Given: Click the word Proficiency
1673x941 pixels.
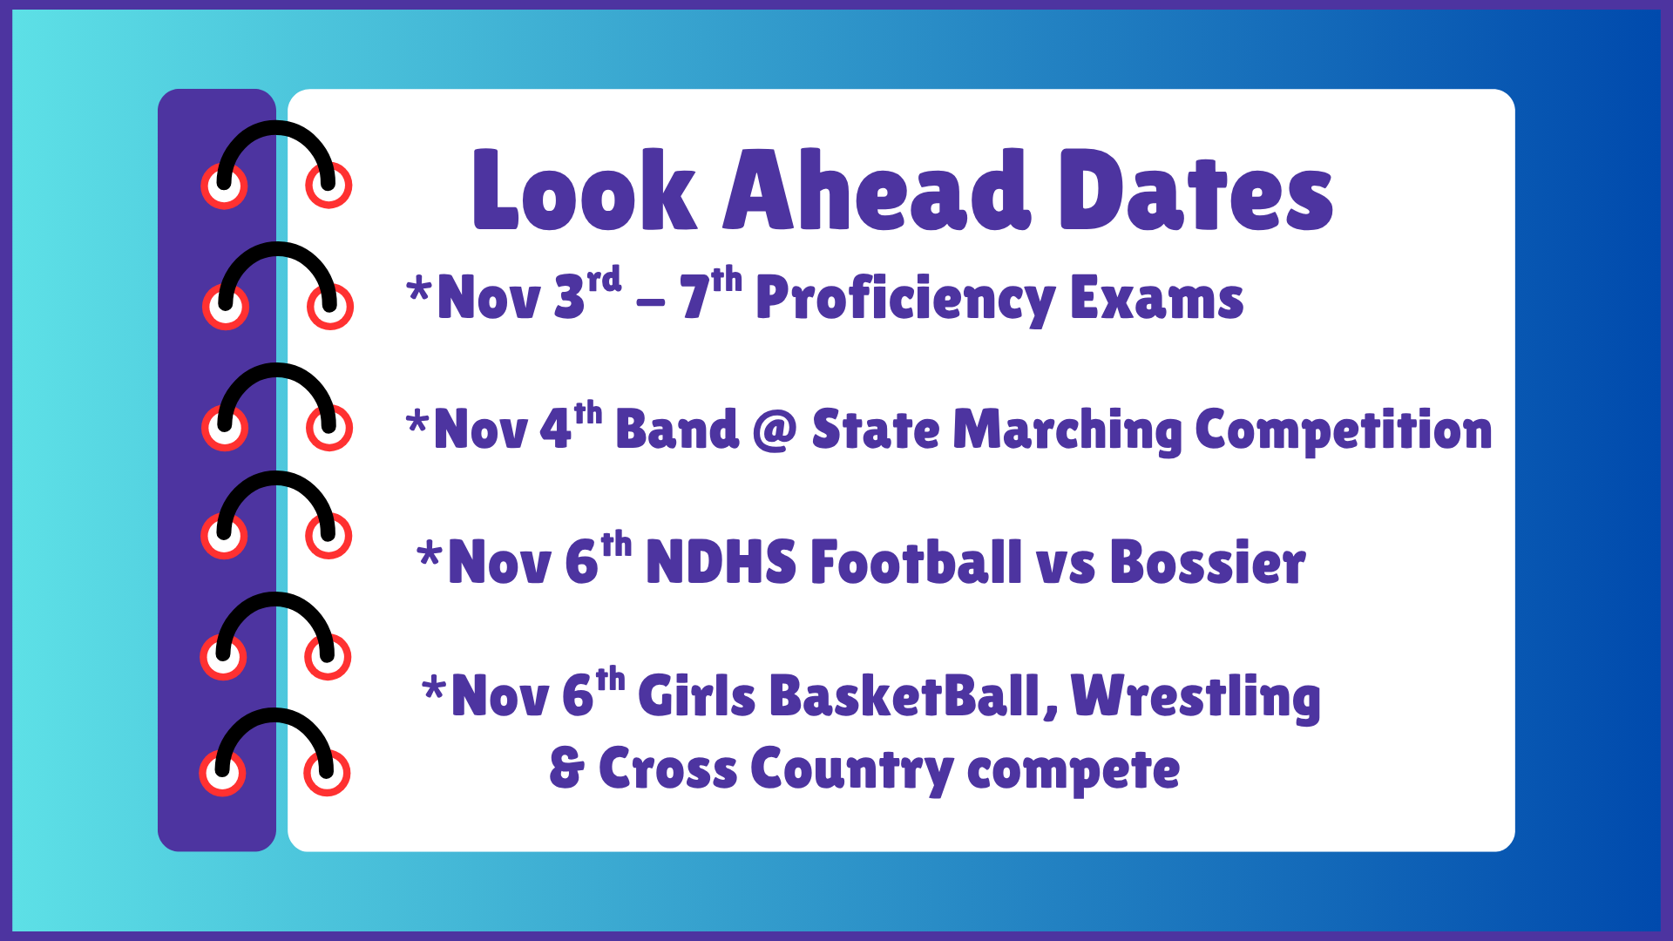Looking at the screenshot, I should (905, 299).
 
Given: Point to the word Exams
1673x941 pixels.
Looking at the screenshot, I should (1156, 299).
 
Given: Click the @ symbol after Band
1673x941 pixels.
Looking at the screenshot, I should (775, 430).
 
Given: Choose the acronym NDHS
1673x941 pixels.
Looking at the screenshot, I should (721, 562).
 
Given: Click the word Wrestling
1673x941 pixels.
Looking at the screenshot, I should (1195, 697).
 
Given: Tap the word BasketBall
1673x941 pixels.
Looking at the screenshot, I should (906, 697).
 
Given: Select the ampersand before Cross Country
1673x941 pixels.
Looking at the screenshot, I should (566, 768).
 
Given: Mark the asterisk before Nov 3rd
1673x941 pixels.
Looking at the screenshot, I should (419, 289).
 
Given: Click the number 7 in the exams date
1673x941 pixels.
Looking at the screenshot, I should (694, 299).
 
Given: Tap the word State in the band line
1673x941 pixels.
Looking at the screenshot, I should (875, 430).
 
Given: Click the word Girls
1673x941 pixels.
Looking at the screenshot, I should (696, 697).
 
